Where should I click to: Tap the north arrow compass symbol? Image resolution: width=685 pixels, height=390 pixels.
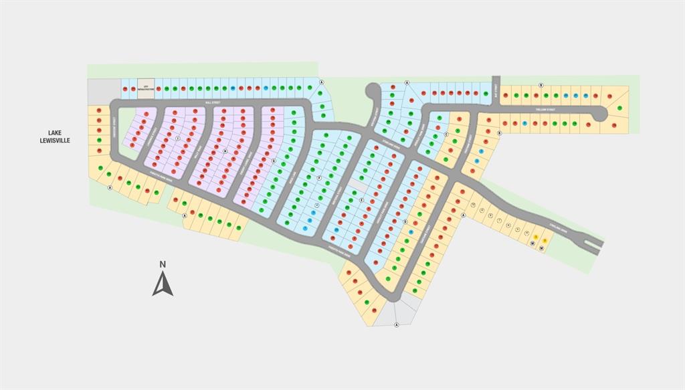(x=163, y=284)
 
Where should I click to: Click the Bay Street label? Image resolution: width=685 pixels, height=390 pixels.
(x=496, y=89)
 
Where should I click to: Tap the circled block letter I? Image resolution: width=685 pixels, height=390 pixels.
(x=177, y=138)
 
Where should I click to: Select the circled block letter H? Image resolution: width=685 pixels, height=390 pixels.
(x=225, y=151)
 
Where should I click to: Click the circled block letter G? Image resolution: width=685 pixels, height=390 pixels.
(x=274, y=161)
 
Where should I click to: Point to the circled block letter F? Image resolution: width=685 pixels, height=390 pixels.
(x=319, y=178)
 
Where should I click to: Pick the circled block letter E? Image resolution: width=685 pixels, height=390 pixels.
(x=361, y=200)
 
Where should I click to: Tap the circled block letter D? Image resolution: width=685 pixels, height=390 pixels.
(x=405, y=221)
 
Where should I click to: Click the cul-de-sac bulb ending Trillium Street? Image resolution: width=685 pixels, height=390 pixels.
(x=599, y=114)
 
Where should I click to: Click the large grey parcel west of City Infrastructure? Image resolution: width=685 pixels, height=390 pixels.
(x=104, y=91)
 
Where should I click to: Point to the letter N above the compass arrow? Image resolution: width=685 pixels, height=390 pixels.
(x=163, y=264)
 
